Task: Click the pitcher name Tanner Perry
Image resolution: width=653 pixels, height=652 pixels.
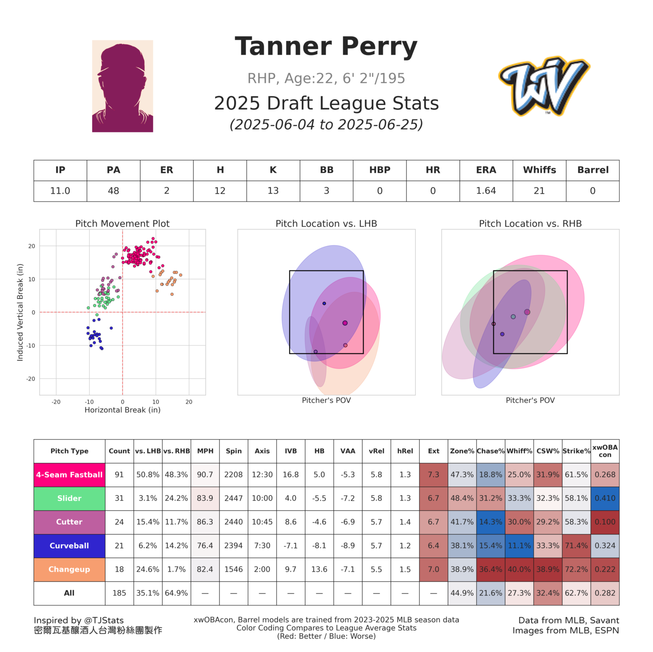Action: [x=326, y=46]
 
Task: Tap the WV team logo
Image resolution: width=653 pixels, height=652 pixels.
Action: [x=544, y=86]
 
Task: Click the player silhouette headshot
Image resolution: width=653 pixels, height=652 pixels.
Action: [x=123, y=86]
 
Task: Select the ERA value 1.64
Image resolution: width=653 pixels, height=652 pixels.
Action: [x=486, y=191]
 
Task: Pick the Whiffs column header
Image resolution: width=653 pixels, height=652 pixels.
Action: [x=539, y=170]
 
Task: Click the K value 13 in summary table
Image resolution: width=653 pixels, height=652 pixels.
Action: [x=273, y=191]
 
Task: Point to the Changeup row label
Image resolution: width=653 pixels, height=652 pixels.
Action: [x=69, y=569]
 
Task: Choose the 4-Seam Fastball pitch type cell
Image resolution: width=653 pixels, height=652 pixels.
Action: [x=69, y=475]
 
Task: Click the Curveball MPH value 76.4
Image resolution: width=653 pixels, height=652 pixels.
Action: [x=205, y=546]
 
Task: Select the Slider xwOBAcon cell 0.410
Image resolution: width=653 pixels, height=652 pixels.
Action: [x=605, y=498]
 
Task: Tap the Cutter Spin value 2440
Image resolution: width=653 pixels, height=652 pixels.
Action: [x=233, y=522]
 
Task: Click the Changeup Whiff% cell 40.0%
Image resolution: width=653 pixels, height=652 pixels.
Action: [x=519, y=569]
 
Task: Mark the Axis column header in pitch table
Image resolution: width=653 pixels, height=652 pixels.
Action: [x=262, y=451]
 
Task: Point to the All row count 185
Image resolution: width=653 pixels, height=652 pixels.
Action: [x=119, y=593]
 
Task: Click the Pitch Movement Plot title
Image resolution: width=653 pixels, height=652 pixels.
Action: [x=122, y=223]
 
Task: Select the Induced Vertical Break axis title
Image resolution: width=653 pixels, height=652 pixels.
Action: [x=20, y=312]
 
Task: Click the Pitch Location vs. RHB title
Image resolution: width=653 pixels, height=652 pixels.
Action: [x=530, y=223]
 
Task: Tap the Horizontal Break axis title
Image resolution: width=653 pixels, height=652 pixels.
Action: [x=122, y=410]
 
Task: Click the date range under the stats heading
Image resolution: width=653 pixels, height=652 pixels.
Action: [x=326, y=124]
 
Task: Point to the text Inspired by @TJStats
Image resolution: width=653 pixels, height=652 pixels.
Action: [x=79, y=620]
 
